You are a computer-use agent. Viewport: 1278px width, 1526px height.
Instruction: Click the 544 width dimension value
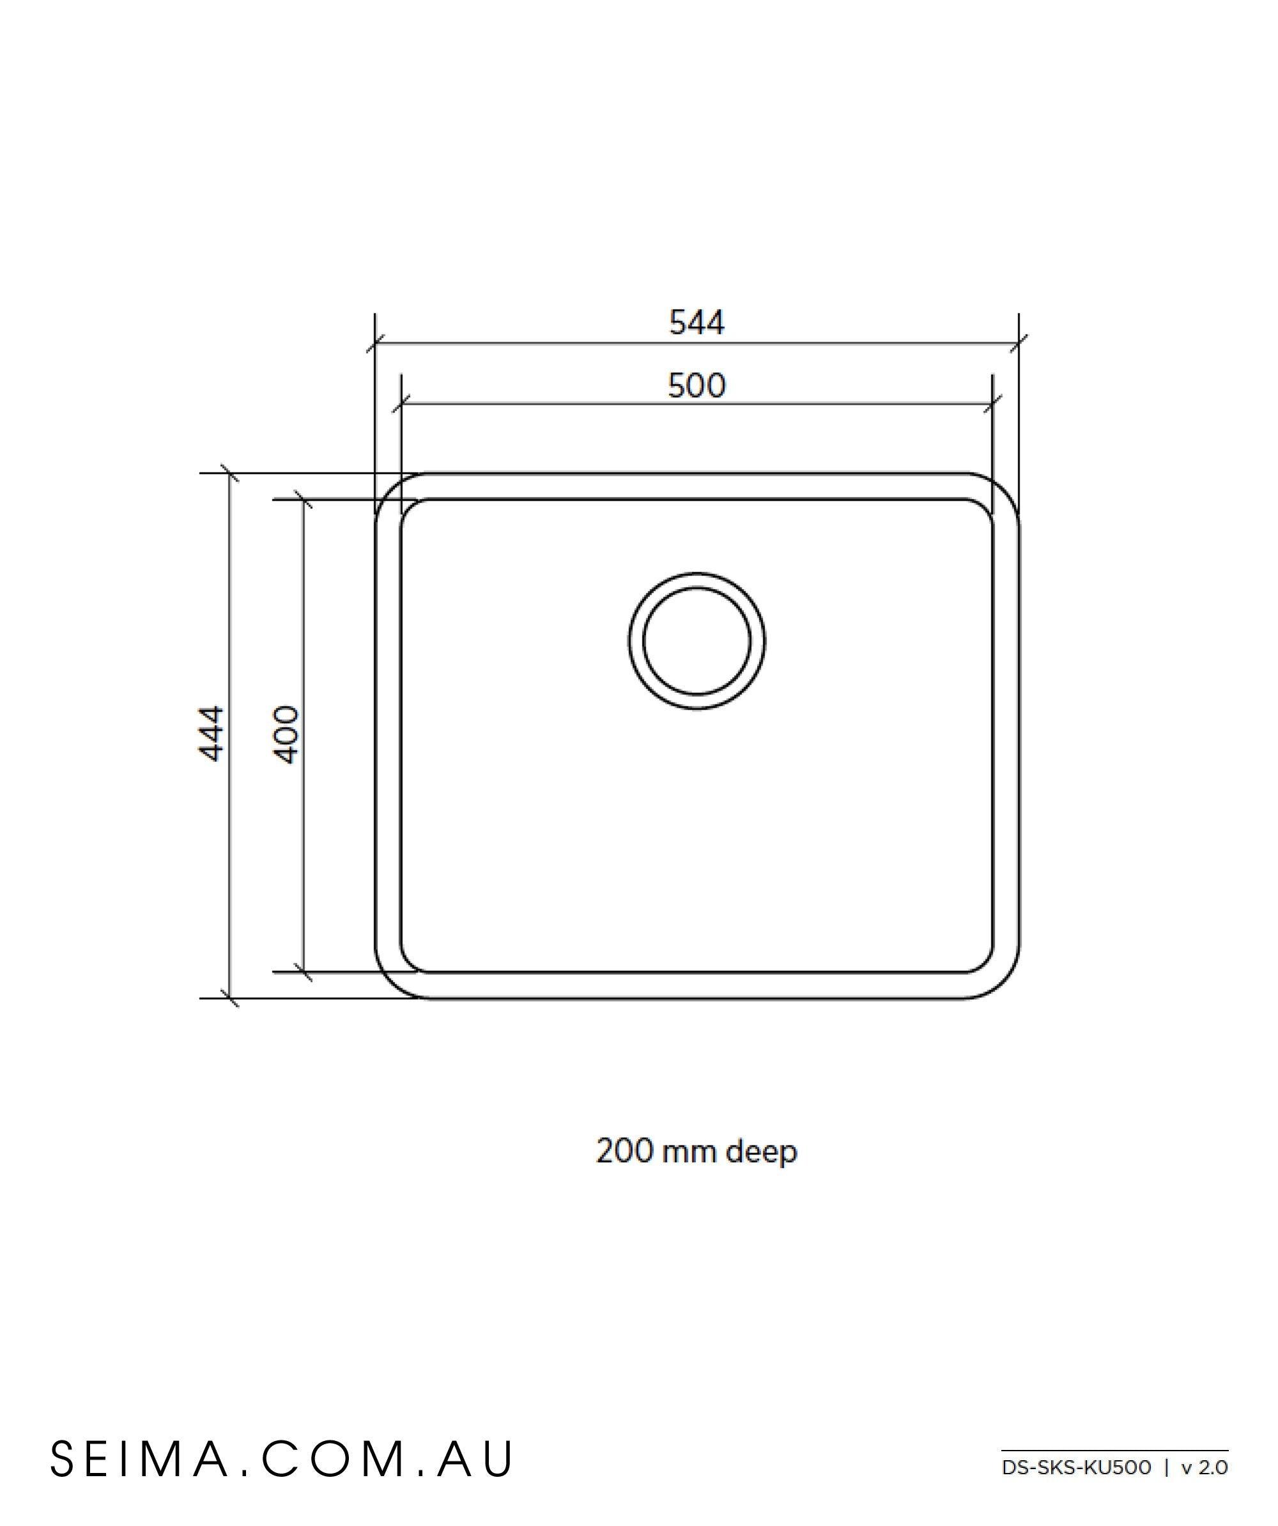(696, 323)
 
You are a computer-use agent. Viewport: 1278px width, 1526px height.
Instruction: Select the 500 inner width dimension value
(696, 386)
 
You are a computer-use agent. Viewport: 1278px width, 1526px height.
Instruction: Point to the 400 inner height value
(287, 734)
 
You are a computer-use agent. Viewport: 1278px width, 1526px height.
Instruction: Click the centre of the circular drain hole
(696, 641)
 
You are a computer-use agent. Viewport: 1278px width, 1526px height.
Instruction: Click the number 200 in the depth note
(624, 1151)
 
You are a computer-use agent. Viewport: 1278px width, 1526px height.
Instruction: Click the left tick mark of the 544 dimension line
(375, 343)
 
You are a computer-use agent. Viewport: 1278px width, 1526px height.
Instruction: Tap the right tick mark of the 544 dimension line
(1019, 343)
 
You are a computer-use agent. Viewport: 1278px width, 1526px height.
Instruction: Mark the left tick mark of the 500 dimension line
(401, 403)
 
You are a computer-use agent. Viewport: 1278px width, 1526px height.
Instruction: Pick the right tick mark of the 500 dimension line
(993, 403)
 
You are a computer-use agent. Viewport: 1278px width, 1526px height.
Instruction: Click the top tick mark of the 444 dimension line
(229, 473)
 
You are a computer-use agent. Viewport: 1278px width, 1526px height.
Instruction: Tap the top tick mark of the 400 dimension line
(304, 499)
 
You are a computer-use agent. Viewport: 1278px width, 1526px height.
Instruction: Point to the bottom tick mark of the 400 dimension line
(304, 971)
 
